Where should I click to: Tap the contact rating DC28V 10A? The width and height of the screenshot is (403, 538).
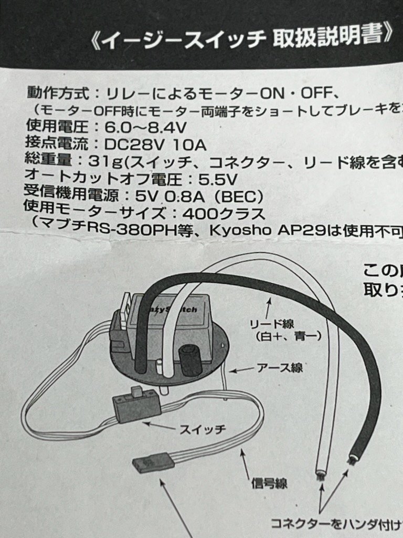tap(155, 144)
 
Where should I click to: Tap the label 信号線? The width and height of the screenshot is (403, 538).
tap(269, 482)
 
